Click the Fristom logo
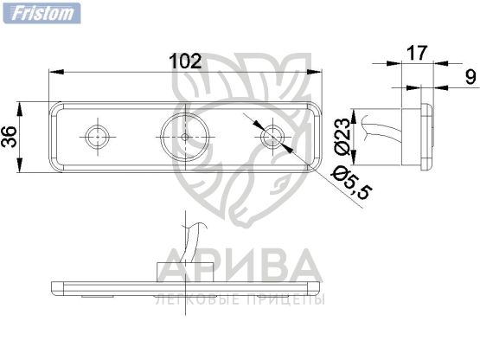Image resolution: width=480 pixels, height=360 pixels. (x=42, y=13)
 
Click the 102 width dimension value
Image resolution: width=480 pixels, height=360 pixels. (x=185, y=61)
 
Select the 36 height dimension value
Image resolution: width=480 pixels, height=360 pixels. (x=9, y=137)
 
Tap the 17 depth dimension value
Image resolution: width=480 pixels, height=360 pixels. (x=417, y=53)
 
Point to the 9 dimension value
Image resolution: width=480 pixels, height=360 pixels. (x=470, y=77)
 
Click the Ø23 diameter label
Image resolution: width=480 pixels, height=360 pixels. (x=342, y=137)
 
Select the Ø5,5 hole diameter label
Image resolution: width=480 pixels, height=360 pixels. (x=352, y=183)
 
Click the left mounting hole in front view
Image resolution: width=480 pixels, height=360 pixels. (x=98, y=137)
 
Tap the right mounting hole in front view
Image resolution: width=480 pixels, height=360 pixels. (x=272, y=137)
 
